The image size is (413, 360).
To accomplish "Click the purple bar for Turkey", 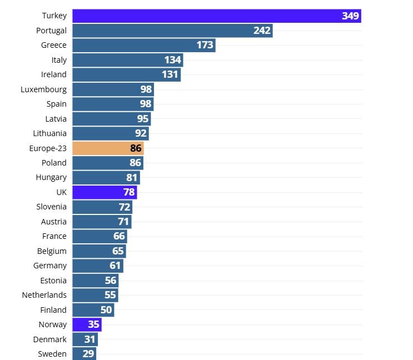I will (x=216, y=16).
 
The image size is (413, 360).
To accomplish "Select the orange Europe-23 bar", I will (x=108, y=148).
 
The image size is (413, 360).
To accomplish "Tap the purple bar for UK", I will (x=105, y=192).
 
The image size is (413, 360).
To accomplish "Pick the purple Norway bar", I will (x=87, y=324).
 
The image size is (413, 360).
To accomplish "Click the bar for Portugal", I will (x=172, y=31).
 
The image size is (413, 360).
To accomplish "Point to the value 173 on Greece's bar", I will (x=205, y=45).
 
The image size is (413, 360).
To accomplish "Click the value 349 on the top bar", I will (x=350, y=16).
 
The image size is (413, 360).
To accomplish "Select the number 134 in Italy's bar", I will (x=173, y=60).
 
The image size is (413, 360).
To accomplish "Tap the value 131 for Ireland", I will (x=171, y=75).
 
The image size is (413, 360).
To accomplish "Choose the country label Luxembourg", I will (x=43, y=89).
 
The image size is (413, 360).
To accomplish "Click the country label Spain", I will (x=56, y=104).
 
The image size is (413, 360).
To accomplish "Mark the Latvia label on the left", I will (x=56, y=119).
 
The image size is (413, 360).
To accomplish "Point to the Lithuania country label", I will (x=49, y=133).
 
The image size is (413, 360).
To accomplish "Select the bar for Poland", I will (x=108, y=163).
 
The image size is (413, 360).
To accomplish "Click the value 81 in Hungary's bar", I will (x=132, y=178).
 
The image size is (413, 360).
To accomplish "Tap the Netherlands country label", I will (x=44, y=295).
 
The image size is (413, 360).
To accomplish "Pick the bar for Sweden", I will (x=84, y=354).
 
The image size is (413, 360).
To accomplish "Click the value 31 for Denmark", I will (x=89, y=339).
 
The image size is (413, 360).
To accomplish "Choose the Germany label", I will (x=49, y=266).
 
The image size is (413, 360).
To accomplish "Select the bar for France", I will (x=99, y=237).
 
